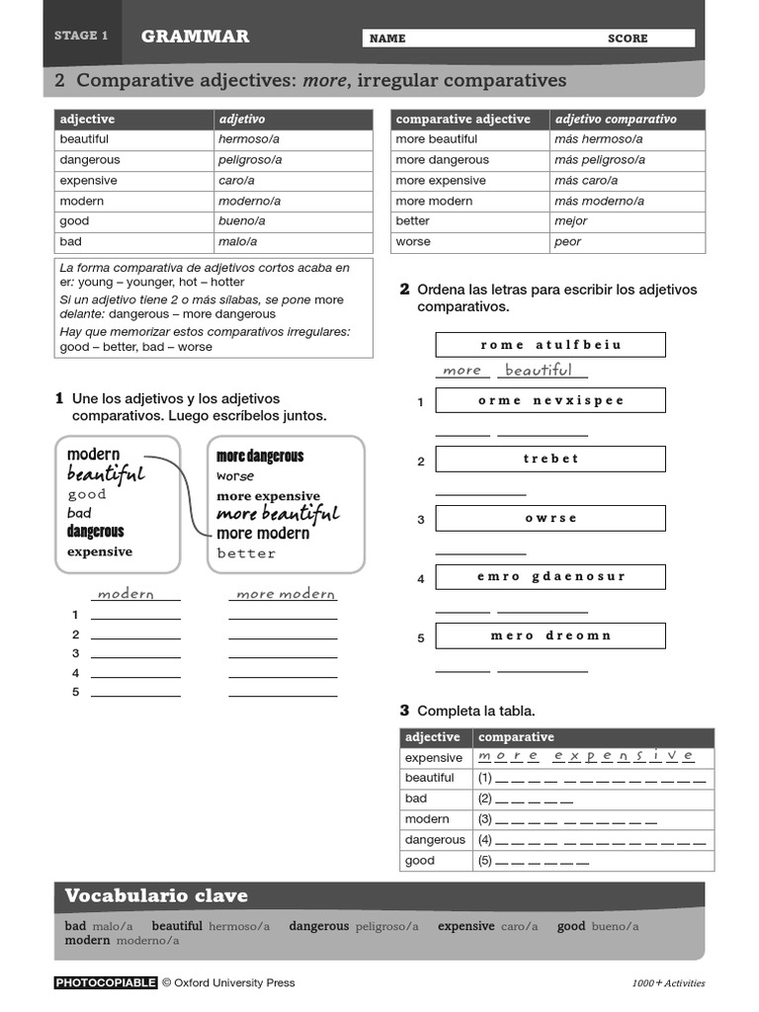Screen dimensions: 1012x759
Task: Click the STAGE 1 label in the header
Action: pyautogui.click(x=81, y=36)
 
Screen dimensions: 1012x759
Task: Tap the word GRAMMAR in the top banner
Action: pyautogui.click(x=195, y=37)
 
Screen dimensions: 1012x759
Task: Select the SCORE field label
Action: pyautogui.click(x=628, y=39)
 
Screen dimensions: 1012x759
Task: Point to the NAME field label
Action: pyautogui.click(x=387, y=39)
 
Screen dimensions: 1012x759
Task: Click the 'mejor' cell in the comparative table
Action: pyautogui.click(x=571, y=221)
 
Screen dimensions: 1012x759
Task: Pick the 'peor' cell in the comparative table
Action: pyautogui.click(x=568, y=242)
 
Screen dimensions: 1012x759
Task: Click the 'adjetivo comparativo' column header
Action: pyautogui.click(x=616, y=120)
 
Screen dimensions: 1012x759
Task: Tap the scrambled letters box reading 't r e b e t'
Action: pyautogui.click(x=550, y=459)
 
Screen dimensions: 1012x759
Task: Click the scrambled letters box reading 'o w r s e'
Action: pyautogui.click(x=550, y=518)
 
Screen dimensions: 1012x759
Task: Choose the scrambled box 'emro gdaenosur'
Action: pyautogui.click(x=550, y=576)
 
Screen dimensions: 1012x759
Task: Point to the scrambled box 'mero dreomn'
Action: pyautogui.click(x=550, y=635)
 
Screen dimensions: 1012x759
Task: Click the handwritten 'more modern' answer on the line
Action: pyautogui.click(x=286, y=594)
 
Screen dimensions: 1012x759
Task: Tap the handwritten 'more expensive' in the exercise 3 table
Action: pyautogui.click(x=585, y=756)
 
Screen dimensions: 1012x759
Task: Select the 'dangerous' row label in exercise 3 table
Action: pyautogui.click(x=435, y=840)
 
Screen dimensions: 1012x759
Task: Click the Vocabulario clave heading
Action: pyautogui.click(x=156, y=896)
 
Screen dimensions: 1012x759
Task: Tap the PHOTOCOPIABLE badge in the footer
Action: pyautogui.click(x=106, y=982)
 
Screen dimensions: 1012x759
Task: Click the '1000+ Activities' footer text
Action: pyautogui.click(x=668, y=983)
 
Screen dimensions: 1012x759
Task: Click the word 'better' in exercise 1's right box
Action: pyautogui.click(x=247, y=553)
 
